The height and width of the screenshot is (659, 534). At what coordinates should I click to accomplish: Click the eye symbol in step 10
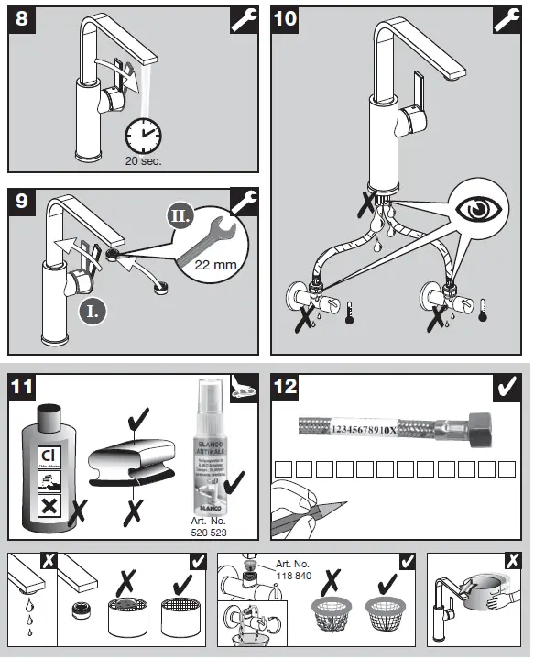pos(477,207)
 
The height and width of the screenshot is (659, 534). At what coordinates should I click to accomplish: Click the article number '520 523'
pos(210,532)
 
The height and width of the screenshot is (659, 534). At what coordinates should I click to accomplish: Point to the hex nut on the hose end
pos(479,426)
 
